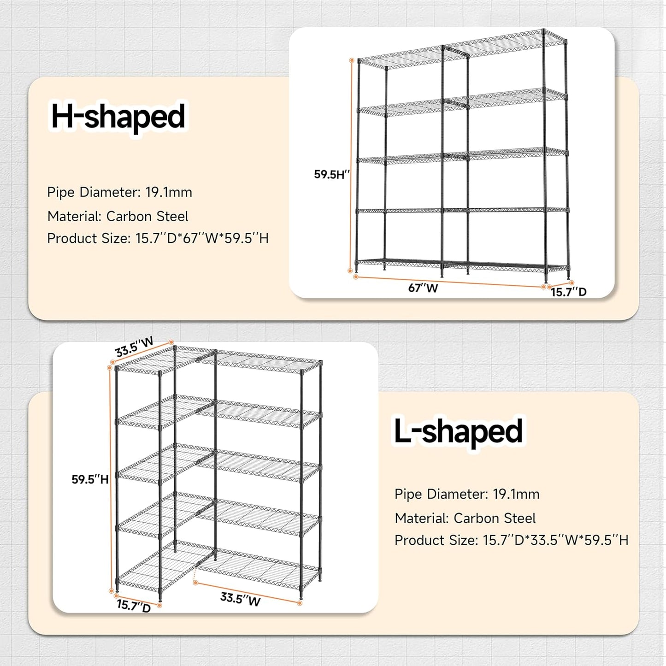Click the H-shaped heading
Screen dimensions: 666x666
(x=118, y=117)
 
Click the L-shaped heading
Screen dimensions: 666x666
(x=458, y=431)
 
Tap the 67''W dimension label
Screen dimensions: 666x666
(x=423, y=288)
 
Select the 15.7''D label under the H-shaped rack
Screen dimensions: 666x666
(x=568, y=292)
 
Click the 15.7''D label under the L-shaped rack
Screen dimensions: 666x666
(x=134, y=605)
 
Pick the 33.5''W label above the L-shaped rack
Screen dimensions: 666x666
(x=134, y=347)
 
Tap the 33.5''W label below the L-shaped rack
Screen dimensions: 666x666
(x=240, y=599)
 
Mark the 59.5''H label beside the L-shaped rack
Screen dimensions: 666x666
(x=90, y=479)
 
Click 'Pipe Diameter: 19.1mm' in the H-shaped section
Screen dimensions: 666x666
(x=119, y=192)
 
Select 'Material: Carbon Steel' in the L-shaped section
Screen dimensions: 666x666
(x=465, y=518)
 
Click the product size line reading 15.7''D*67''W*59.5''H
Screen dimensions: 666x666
(x=158, y=238)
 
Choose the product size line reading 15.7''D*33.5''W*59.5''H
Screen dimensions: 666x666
(x=511, y=540)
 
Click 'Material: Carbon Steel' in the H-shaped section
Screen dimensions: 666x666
(x=118, y=216)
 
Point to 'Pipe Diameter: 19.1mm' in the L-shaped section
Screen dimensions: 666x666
(x=467, y=494)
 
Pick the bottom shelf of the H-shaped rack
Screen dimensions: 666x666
(x=461, y=265)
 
